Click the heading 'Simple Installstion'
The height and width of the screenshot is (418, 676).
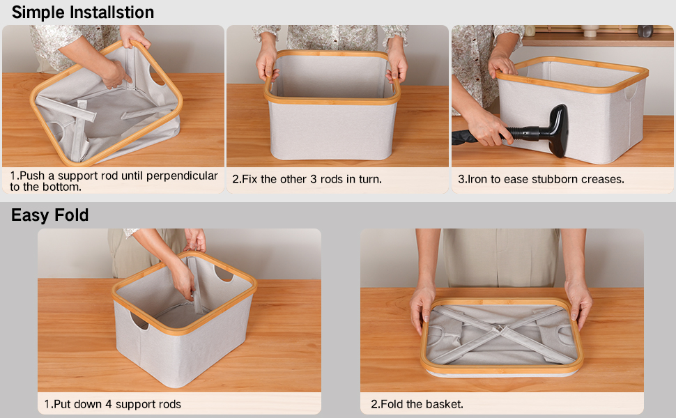(83, 13)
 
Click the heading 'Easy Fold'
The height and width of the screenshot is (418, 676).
(49, 215)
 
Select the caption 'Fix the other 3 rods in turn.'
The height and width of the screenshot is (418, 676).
(307, 179)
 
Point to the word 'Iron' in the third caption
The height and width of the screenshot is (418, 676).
(479, 179)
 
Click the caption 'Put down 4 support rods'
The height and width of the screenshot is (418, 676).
(112, 404)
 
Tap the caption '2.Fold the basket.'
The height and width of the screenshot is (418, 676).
(417, 404)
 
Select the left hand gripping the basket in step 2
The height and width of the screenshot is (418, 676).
(267, 63)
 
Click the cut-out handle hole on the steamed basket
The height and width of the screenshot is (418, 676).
(631, 92)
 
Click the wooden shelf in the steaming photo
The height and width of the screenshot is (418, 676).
(592, 40)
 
